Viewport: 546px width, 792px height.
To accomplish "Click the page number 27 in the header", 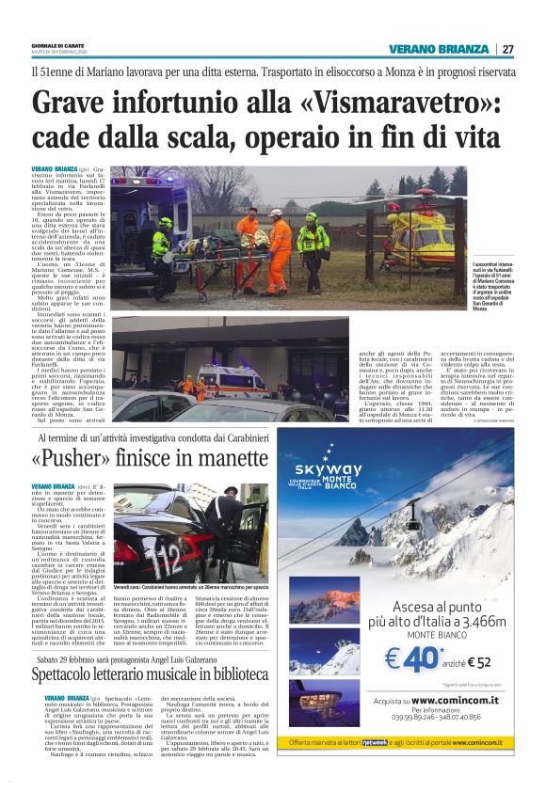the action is (x=506, y=50).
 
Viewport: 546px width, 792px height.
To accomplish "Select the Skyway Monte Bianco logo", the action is (x=328, y=473).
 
